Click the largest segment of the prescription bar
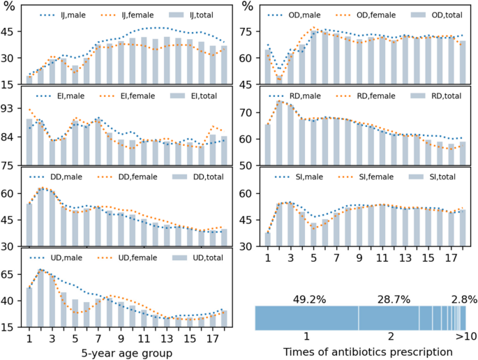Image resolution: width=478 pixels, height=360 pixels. click(x=307, y=318)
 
